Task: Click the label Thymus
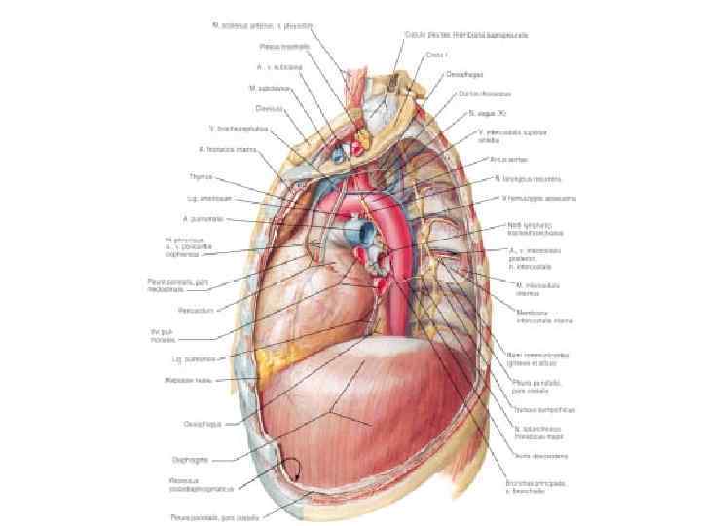coord(202,176)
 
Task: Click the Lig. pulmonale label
coord(192,359)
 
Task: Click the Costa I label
coord(435,56)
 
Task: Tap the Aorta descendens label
coord(541,455)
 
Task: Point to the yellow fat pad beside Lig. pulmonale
coord(264,366)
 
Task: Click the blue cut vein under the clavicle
coord(338,153)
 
